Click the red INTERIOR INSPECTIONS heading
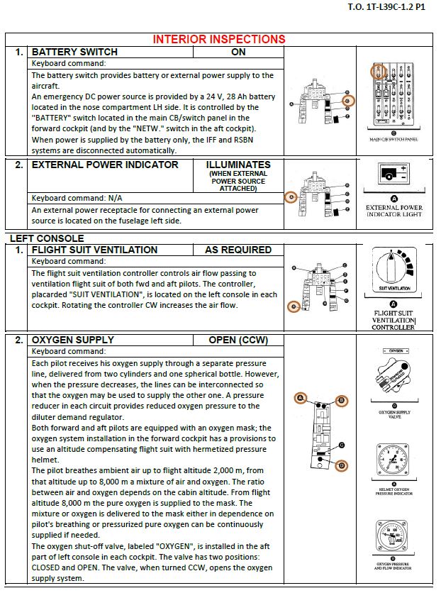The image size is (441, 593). click(x=219, y=39)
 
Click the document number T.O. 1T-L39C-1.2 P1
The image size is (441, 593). click(x=386, y=7)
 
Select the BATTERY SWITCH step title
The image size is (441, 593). click(x=74, y=52)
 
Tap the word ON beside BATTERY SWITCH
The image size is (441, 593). click(x=238, y=52)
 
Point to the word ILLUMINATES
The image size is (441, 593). click(x=238, y=165)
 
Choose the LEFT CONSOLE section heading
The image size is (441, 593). click(x=46, y=238)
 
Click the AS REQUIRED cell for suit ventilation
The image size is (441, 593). click(x=238, y=250)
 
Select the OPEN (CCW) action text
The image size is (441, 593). click(x=238, y=340)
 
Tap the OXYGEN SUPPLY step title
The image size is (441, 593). click(x=72, y=340)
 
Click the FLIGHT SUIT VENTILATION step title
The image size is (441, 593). click(x=94, y=250)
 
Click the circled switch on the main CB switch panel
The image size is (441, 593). click(x=378, y=72)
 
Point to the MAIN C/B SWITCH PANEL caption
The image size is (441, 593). click(x=393, y=139)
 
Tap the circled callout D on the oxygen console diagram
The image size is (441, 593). click(x=342, y=466)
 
